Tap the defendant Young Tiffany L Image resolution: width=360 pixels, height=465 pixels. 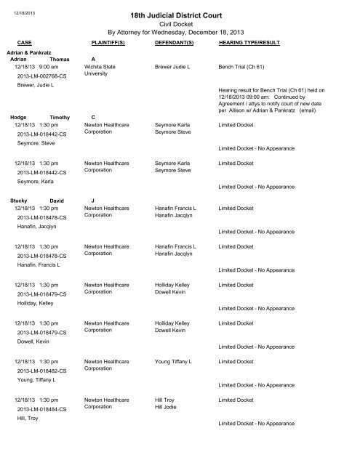pyautogui.click(x=175, y=361)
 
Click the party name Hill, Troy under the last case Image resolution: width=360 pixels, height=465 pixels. pyautogui.click(x=28, y=419)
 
